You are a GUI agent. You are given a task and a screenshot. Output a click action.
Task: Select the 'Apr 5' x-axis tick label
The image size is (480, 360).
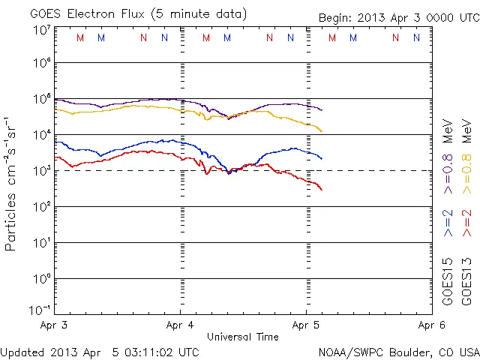305,326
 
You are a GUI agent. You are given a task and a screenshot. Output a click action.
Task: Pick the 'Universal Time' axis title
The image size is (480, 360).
243,337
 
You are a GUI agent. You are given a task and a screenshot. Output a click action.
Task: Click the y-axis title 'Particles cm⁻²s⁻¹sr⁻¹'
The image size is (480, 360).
12,183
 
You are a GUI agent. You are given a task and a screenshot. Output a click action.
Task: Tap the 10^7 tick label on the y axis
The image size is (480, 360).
42,29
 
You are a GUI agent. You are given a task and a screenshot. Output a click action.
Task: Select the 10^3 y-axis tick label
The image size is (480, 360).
42,170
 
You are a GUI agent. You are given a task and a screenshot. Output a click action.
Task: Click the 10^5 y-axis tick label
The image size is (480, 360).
42,99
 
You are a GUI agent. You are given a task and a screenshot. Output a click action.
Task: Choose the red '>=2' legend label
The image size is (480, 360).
466,223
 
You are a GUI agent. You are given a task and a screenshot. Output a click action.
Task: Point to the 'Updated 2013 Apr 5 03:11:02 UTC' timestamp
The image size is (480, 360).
100,351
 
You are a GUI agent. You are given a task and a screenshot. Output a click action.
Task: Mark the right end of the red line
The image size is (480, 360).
322,190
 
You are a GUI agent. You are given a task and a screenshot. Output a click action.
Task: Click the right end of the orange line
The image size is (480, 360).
322,131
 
